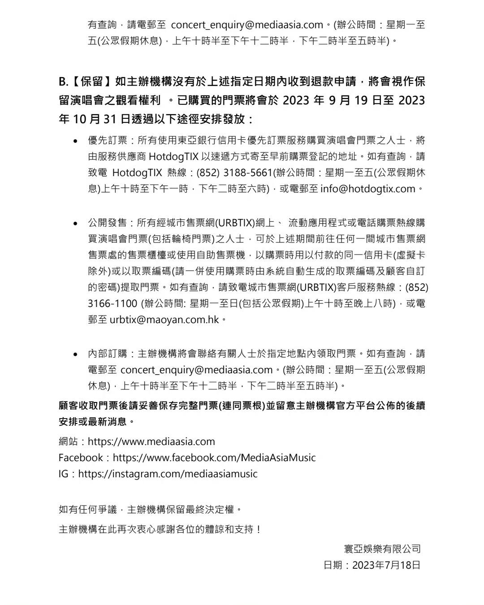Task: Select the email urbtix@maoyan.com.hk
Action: click(x=164, y=320)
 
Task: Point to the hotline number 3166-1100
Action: click(x=112, y=303)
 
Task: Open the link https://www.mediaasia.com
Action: click(x=151, y=441)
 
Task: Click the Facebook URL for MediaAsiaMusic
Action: click(x=214, y=458)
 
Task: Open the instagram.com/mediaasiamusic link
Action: click(x=168, y=474)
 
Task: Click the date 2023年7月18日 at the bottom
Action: click(x=386, y=565)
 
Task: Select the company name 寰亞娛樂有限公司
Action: click(x=382, y=549)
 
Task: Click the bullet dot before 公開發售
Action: click(x=75, y=223)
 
